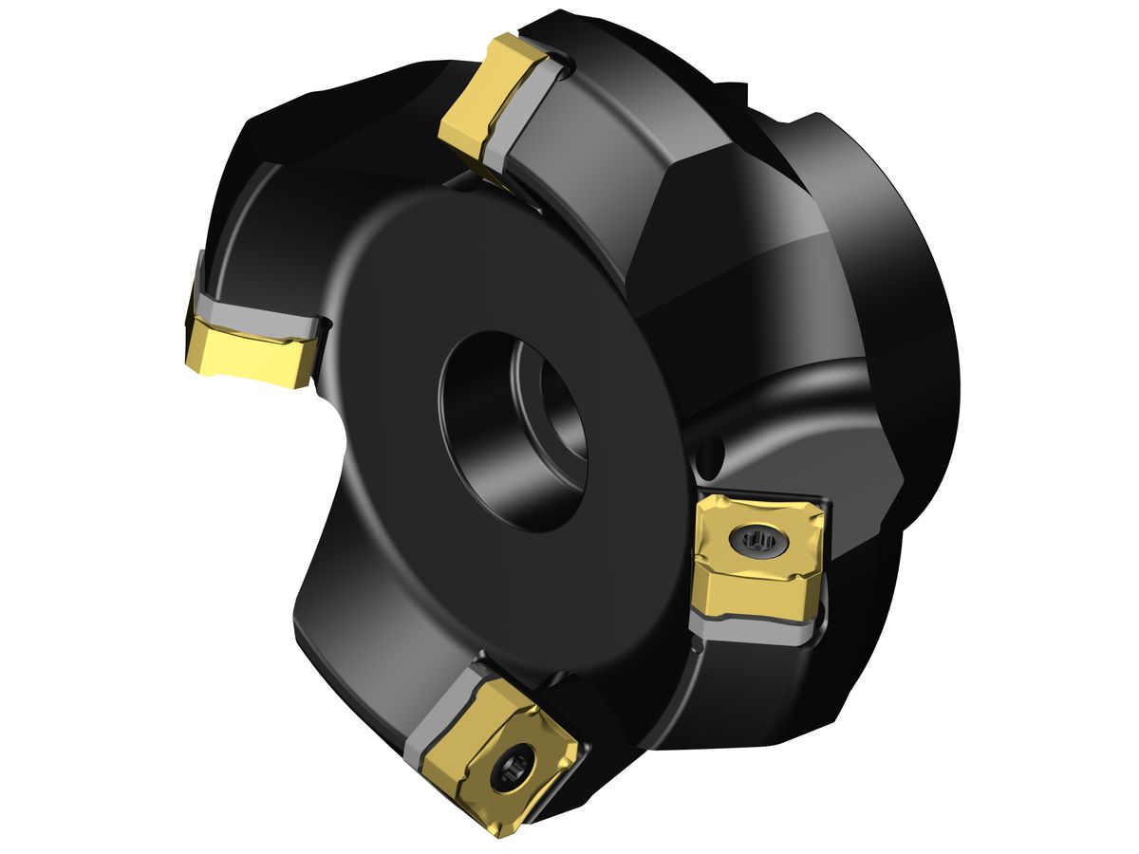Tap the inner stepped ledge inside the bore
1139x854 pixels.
(555, 399)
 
